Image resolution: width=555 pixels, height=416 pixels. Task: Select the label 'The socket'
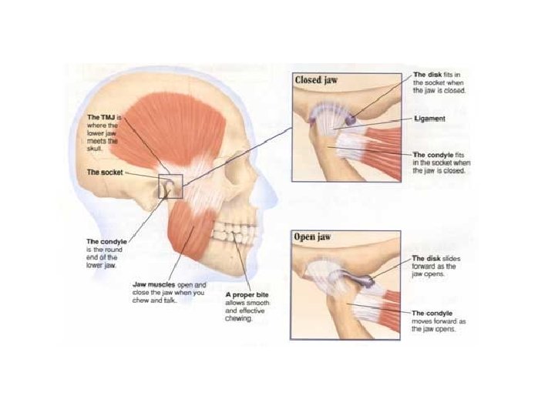(x=105, y=173)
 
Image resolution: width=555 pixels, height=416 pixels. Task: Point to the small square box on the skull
(x=170, y=186)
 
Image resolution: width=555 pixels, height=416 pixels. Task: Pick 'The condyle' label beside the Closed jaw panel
(x=432, y=154)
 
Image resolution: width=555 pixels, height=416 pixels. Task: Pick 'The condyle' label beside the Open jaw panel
(x=431, y=314)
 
